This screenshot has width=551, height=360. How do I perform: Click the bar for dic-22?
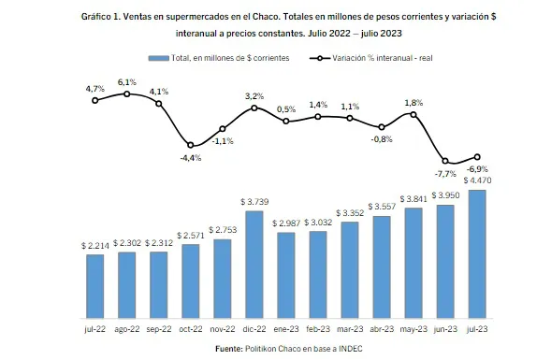pyautogui.click(x=254, y=264)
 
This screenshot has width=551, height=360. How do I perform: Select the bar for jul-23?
pyautogui.click(x=477, y=253)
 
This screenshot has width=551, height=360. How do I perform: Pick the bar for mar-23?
pyautogui.click(x=350, y=269)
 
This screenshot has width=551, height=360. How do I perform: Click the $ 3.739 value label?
pyautogui.click(x=254, y=201)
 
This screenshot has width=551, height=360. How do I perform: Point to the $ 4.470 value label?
pyautogui.click(x=478, y=180)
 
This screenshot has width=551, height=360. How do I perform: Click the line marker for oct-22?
pyautogui.click(x=191, y=145)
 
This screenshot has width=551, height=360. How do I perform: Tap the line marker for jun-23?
pyautogui.click(x=445, y=162)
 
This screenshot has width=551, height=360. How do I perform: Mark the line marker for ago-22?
pyautogui.click(x=127, y=94)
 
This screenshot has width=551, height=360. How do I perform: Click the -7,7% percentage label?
pyautogui.click(x=443, y=175)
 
